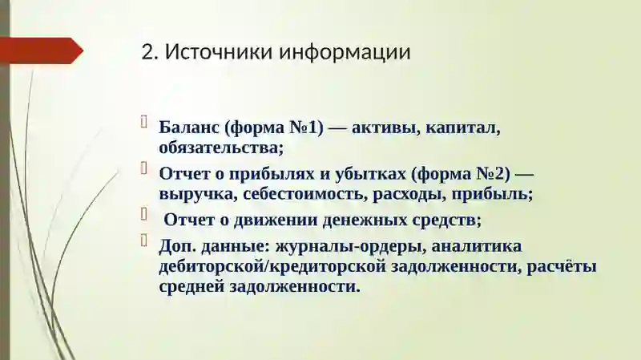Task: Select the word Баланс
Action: pos(189,127)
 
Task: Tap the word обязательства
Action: pos(221,148)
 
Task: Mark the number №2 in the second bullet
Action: pos(489,173)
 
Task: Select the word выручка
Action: pos(192,193)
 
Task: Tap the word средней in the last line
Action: pos(192,285)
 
